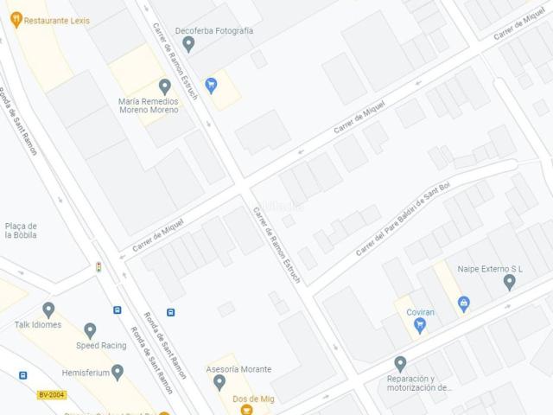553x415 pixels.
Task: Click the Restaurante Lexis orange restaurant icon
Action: pos(16,18)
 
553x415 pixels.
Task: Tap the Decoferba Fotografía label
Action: pos(213,30)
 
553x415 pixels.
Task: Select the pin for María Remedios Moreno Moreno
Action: pos(165,86)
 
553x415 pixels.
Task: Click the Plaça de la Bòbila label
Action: pos(21,231)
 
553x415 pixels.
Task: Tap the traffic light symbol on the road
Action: pos(99,268)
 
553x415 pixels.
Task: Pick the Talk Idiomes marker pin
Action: pos(48,310)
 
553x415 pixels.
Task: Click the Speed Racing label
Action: pos(101,346)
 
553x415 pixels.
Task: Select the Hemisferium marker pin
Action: pos(118,372)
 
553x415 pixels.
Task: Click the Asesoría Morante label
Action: pos(238,369)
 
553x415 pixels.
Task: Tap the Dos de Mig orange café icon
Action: pos(246,409)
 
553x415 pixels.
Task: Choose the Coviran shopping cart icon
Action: pos(420,325)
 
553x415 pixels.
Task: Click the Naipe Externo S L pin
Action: pos(509,283)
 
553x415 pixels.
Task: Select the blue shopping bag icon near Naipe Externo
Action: pos(464,303)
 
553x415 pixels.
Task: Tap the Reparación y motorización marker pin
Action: pos(399,364)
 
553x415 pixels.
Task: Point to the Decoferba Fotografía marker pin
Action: pos(188,43)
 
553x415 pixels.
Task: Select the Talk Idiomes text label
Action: pos(38,325)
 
